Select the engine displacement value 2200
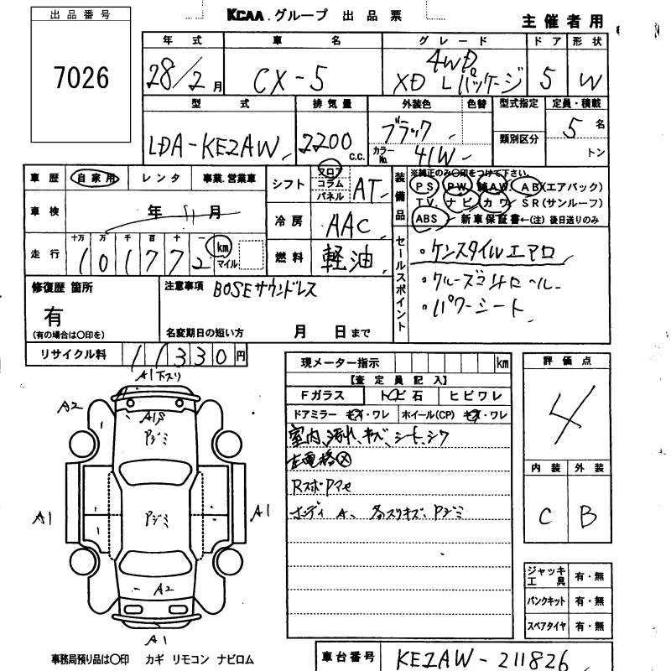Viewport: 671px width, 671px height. tap(328, 144)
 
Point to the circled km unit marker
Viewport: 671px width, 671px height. tap(222, 247)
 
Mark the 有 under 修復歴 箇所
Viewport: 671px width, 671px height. tap(55, 315)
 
